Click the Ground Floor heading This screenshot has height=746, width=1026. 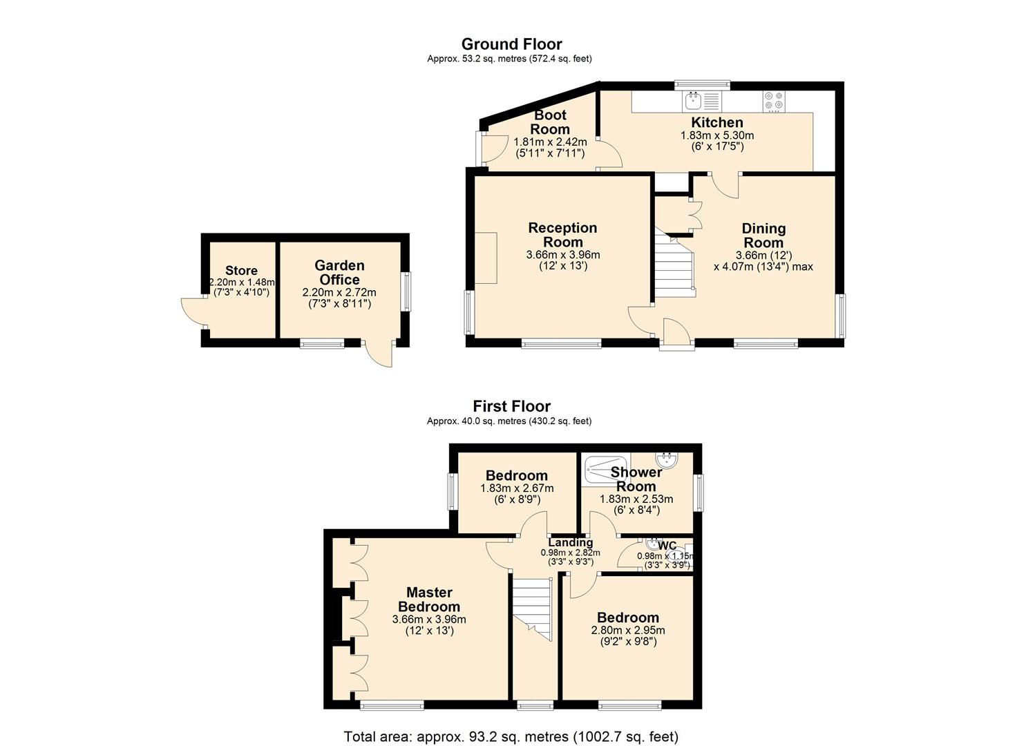512,44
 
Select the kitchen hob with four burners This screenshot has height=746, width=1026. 774,102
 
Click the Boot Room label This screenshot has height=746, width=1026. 550,122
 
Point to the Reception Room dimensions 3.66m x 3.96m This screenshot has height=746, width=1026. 563,255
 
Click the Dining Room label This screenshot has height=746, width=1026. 763,236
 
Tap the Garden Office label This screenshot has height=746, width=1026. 339,272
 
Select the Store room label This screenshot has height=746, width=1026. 241,270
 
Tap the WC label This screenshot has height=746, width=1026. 667,546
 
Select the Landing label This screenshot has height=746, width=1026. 570,542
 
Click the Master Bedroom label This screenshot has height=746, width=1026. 429,600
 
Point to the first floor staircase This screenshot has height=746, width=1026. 532,609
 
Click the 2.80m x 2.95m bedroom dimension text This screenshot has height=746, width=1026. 628,630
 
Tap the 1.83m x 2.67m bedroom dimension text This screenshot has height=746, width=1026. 517,488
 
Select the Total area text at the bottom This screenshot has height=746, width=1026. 511,737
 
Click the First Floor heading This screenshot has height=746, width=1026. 512,406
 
